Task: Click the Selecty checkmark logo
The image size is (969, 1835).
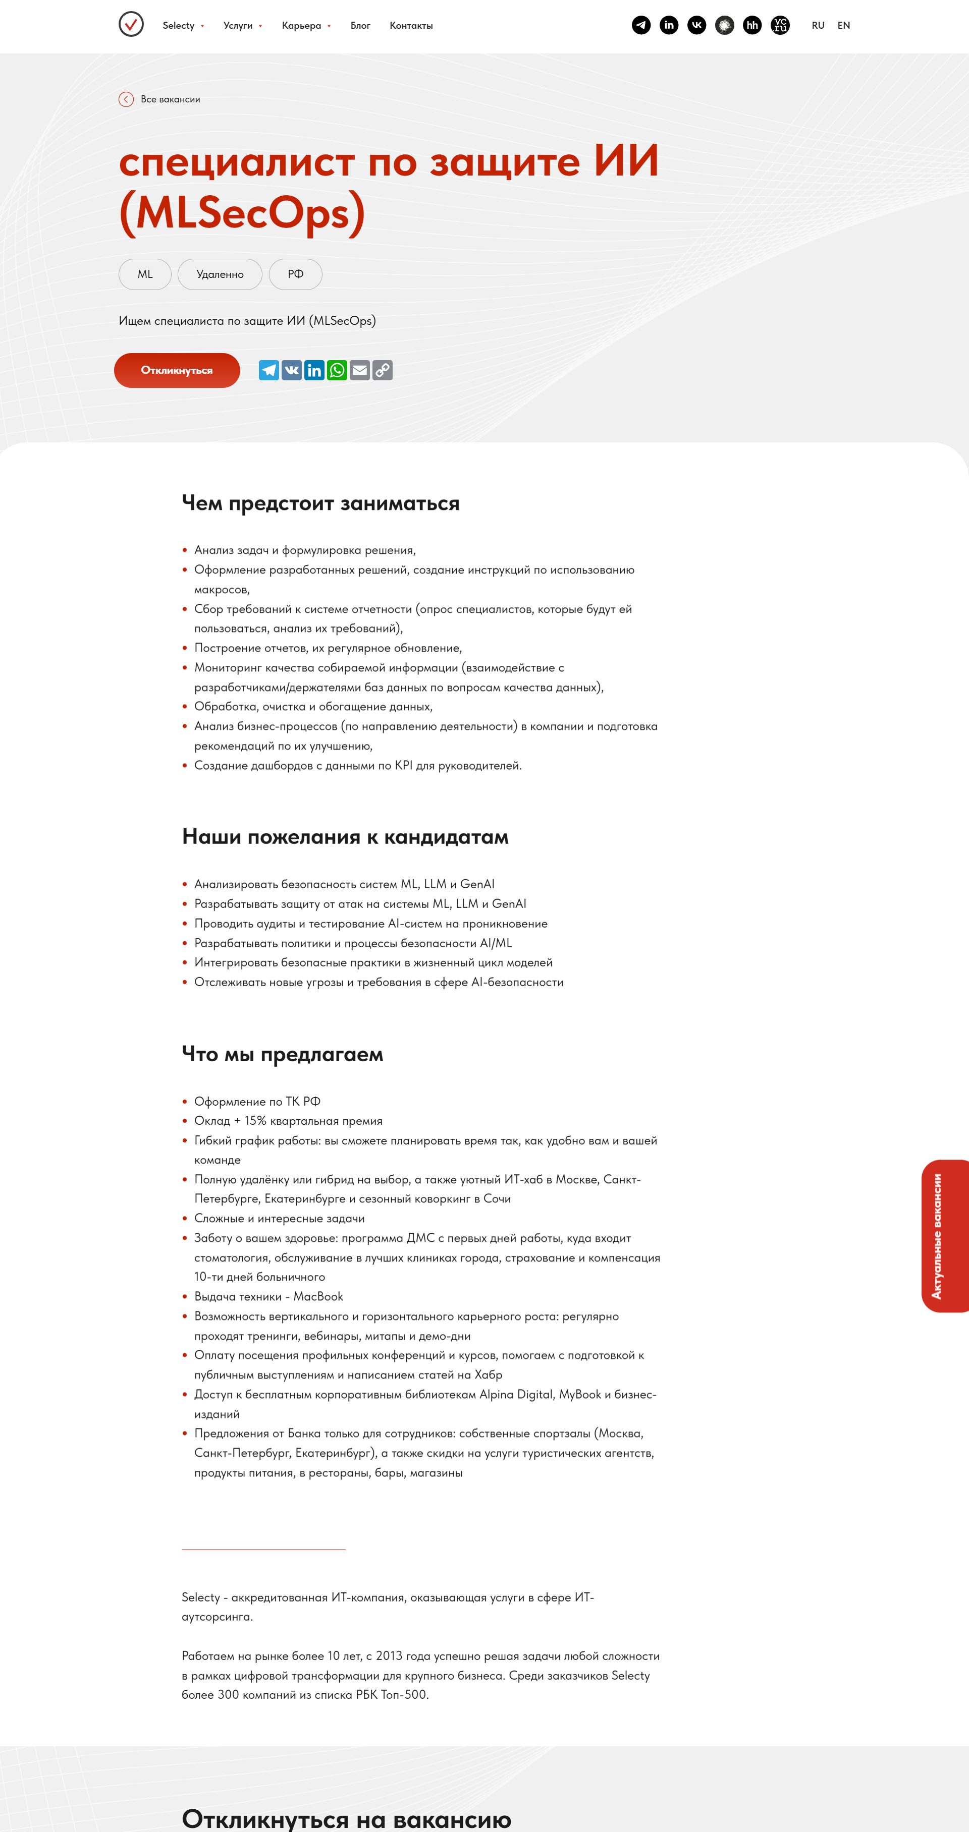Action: (131, 24)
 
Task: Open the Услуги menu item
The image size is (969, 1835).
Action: (238, 26)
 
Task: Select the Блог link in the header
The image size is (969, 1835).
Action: (360, 26)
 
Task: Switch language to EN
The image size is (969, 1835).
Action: (844, 26)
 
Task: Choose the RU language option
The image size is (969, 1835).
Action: (818, 26)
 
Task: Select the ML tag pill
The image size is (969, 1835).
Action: (145, 274)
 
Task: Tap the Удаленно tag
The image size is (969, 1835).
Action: (220, 274)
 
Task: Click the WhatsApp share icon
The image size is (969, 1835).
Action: (337, 370)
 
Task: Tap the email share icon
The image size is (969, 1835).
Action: (360, 370)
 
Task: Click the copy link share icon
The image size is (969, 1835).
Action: (383, 370)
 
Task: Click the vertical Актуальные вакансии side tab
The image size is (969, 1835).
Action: (945, 1236)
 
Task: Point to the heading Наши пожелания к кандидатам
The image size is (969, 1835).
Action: (345, 836)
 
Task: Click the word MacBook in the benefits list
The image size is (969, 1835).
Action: (318, 1296)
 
